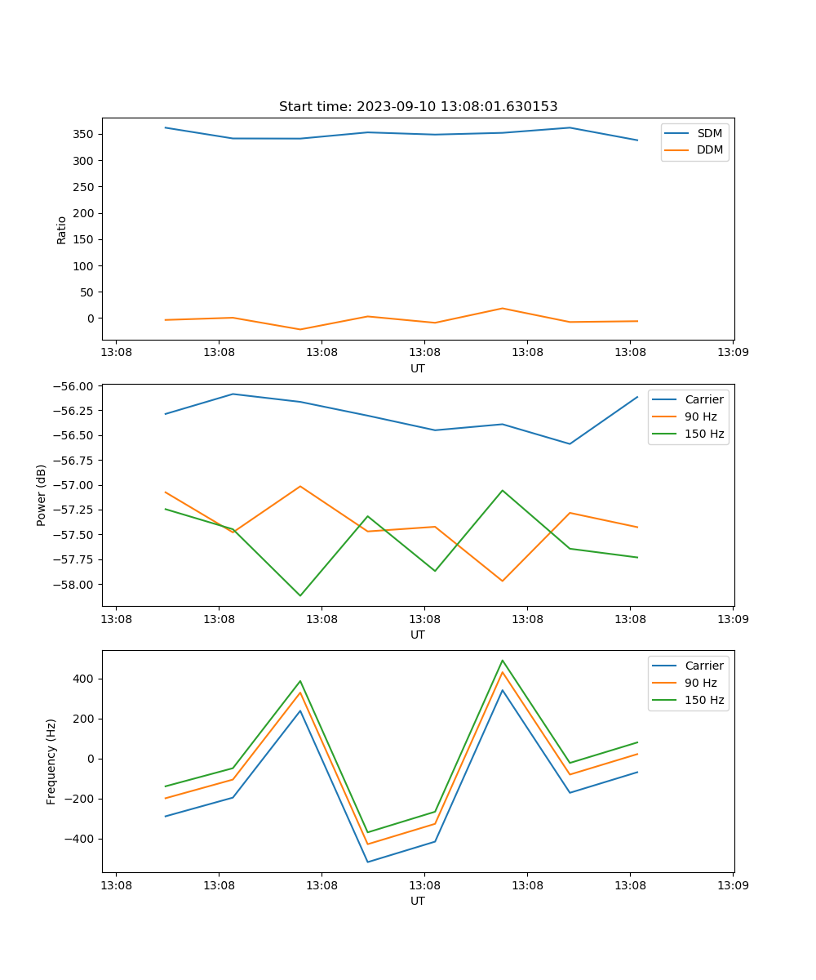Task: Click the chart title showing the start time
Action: click(418, 107)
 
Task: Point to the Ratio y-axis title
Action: click(62, 230)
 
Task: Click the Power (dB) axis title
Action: click(42, 495)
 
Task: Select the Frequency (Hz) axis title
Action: click(51, 761)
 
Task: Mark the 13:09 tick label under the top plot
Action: click(733, 353)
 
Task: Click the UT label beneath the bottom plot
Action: click(418, 901)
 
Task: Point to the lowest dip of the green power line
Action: click(300, 595)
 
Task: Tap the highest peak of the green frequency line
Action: click(503, 661)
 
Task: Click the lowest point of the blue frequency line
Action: click(367, 862)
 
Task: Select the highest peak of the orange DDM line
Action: click(503, 309)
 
